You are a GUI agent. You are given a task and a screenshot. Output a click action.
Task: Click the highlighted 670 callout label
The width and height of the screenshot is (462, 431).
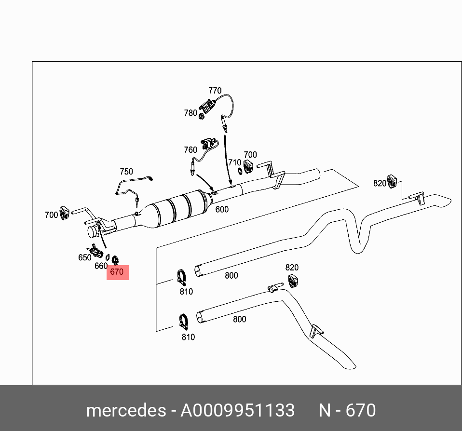[x=117, y=272]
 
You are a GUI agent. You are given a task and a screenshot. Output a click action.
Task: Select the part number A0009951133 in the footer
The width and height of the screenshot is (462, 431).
[x=237, y=410]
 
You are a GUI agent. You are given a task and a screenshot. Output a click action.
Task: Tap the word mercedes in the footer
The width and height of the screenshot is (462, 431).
[x=125, y=410]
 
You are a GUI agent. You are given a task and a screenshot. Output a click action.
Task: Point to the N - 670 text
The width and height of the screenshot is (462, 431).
[x=347, y=410]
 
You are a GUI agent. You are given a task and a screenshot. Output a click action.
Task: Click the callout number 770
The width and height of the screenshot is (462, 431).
[x=215, y=91]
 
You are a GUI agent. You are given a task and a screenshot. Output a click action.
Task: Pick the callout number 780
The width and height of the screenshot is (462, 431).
[x=190, y=113]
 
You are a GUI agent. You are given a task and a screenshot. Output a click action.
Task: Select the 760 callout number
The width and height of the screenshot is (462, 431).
[x=190, y=150]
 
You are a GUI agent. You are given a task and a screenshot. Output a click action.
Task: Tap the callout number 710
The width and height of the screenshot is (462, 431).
[x=234, y=162]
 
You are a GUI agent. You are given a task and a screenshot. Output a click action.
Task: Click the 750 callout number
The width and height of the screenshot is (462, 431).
[x=126, y=172]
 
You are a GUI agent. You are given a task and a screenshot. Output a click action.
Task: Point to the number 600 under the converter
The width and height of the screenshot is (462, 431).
[x=222, y=210]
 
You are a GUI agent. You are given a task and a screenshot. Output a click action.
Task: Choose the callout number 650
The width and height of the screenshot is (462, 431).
[x=85, y=257]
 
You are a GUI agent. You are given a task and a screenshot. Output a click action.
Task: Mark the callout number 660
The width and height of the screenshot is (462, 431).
[x=101, y=266]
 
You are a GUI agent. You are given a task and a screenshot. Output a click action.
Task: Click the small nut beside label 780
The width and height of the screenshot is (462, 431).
[x=202, y=115]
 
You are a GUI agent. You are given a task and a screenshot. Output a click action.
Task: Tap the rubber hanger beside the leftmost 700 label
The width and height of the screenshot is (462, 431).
[x=65, y=212]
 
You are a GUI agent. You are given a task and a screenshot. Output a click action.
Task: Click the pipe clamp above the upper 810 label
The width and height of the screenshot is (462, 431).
[x=182, y=278]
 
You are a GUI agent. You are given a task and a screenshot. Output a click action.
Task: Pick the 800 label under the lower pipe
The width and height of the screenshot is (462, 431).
[x=239, y=319]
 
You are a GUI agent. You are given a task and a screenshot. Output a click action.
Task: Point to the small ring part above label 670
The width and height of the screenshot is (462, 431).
[x=115, y=261]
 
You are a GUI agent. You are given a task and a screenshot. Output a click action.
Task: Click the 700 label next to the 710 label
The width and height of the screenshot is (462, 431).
[x=250, y=155]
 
